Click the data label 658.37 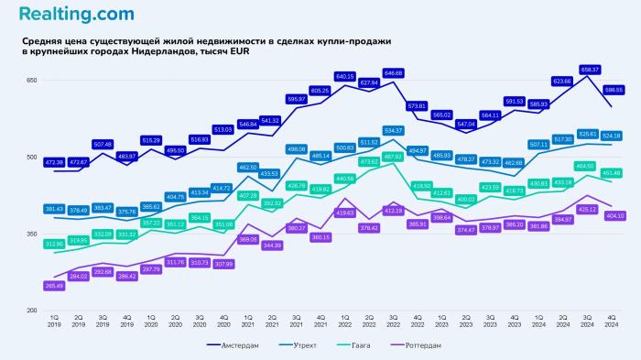tap(590, 70)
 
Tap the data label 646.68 tap(393, 72)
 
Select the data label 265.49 tap(53, 286)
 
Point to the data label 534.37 tap(393, 130)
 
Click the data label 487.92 tap(393, 157)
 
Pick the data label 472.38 tap(53, 162)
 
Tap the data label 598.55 tap(614, 90)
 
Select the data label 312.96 tap(53, 244)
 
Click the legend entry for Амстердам tap(232, 345)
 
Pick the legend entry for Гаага tap(369, 345)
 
